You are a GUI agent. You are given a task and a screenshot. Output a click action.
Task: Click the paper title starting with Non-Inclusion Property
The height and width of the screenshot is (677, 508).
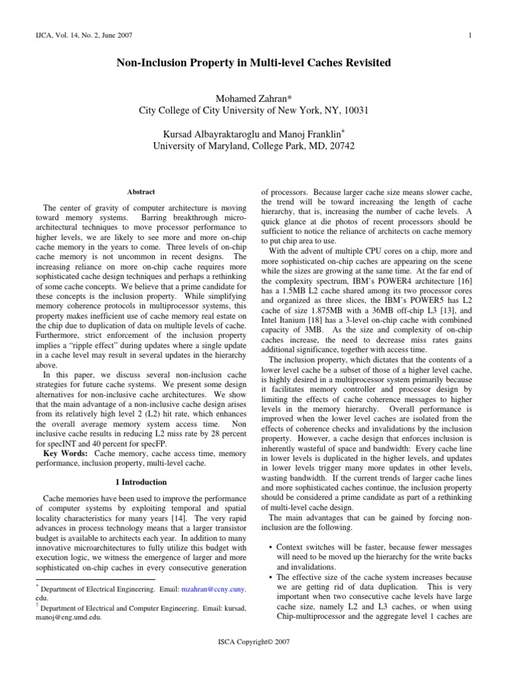tap(254, 63)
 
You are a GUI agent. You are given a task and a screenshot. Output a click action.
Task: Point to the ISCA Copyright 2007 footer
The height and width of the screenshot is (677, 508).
tap(254, 641)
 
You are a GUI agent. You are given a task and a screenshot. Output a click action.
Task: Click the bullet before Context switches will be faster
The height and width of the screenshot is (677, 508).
tap(272, 547)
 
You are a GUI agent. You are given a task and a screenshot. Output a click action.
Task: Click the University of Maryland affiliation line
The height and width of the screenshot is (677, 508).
tap(254, 145)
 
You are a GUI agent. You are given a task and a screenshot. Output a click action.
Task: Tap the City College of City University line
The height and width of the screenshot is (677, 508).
tap(253, 110)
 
